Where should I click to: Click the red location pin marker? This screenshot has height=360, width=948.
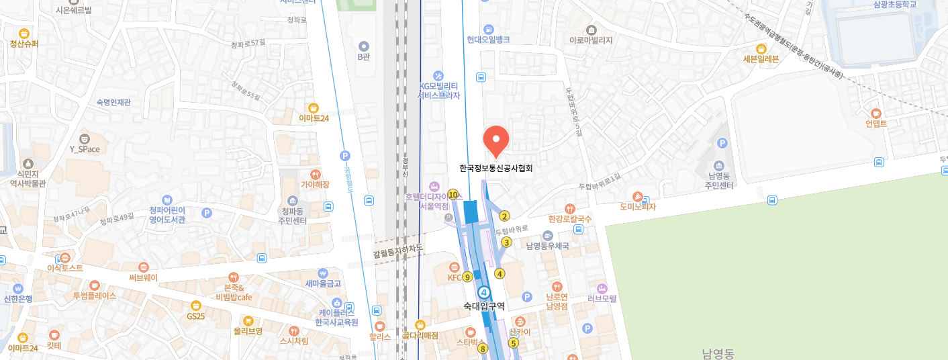[x=496, y=140]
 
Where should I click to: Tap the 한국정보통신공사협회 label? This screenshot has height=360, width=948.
[x=496, y=169]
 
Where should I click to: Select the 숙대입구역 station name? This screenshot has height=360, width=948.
[x=483, y=306]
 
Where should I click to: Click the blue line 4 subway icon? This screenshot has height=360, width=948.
[x=483, y=292]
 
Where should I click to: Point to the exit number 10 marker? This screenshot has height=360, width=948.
[x=453, y=195]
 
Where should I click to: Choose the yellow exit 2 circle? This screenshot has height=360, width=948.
[x=505, y=216]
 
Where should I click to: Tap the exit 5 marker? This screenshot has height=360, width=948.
[x=514, y=343]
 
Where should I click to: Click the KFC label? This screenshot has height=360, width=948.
[x=455, y=277]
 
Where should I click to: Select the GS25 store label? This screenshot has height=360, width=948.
[x=196, y=316]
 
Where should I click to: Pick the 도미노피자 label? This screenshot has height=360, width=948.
[x=637, y=207]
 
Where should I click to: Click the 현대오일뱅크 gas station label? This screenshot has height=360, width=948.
[x=488, y=40]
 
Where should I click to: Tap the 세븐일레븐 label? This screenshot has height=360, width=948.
[x=761, y=58]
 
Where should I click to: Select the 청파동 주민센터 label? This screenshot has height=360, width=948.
[x=293, y=216]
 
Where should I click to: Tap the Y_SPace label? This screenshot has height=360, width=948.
[x=85, y=149]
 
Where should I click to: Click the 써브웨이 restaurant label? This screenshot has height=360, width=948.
[x=143, y=277]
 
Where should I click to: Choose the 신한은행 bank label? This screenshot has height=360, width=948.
[x=18, y=299]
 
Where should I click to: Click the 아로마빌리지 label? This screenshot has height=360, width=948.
[x=591, y=40]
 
